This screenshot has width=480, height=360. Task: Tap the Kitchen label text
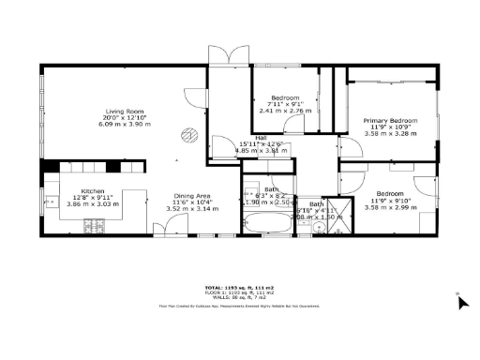[x=93, y=190]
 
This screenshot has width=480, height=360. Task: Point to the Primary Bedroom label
[x=390, y=121]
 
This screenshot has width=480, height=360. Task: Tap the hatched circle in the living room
[x=188, y=134]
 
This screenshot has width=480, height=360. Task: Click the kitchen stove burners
[x=95, y=225]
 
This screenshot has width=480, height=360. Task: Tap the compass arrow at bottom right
[x=461, y=301]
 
